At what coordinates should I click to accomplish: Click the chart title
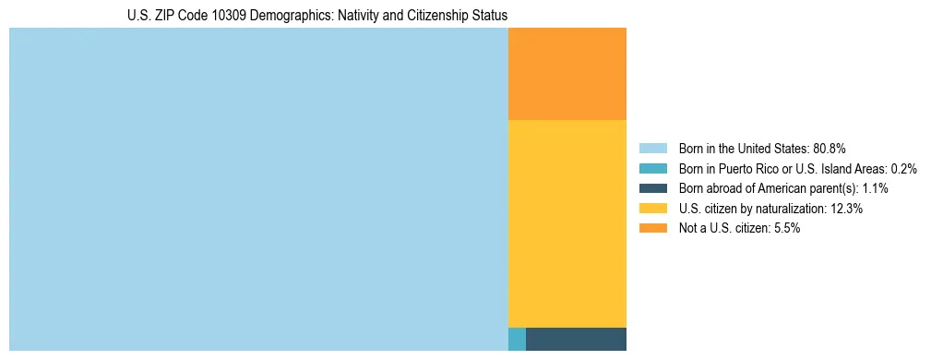317,16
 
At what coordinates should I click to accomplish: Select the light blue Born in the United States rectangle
258,189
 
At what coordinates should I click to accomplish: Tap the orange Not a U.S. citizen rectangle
567,74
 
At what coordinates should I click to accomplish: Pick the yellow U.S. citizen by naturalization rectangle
567,223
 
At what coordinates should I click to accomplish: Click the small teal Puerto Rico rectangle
517,339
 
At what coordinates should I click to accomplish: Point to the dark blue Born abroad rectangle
576,339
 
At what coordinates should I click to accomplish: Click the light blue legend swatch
652,148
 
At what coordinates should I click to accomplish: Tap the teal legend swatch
652,168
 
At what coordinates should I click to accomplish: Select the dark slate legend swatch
652,188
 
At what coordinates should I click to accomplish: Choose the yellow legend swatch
652,209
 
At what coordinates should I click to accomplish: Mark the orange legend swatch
652,229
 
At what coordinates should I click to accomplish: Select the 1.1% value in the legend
873,188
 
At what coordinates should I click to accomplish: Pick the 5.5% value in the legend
785,229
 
